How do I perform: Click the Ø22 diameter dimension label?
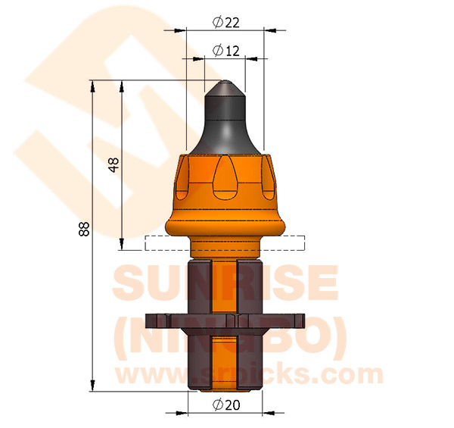226,22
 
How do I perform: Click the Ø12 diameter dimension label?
226,51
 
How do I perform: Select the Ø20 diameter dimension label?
226,405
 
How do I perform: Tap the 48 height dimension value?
114,165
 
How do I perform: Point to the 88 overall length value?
84,230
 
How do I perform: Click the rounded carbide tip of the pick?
225,86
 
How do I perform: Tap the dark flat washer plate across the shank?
225,320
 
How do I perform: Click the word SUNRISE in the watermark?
225,283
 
